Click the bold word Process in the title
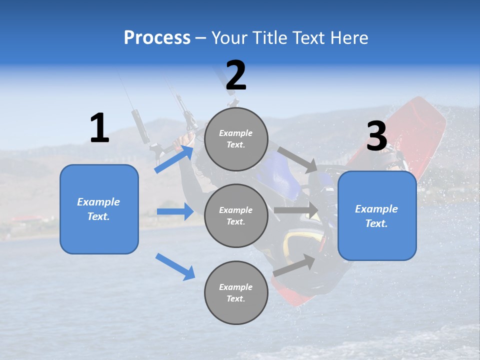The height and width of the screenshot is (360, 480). pos(157,37)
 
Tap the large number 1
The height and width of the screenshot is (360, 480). pos(99,128)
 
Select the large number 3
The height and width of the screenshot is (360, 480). pos(376,136)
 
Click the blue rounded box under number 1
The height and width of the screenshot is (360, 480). pos(99,209)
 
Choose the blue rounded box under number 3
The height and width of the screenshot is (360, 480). pos(377,215)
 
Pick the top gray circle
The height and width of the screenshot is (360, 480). pos(236,139)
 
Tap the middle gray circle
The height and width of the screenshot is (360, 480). pos(236,215)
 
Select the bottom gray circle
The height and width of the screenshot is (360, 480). pos(236,292)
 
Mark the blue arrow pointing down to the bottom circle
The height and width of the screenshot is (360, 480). pos(175,266)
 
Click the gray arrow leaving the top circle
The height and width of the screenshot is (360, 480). pos(297,159)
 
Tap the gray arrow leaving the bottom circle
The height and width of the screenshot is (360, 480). pos(294,265)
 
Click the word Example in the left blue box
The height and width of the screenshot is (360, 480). pos(98,202)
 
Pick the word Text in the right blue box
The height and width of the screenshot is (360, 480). pos(376,223)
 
